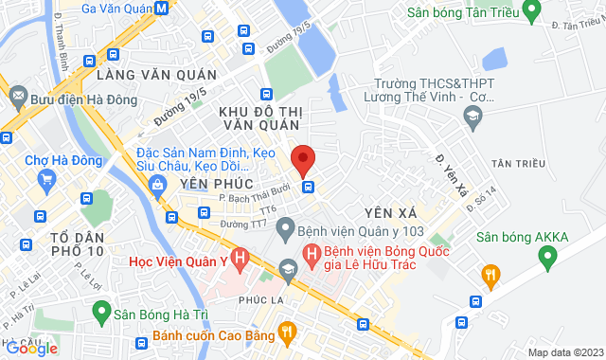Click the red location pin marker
pyautogui.click(x=303, y=160)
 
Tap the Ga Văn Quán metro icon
pyautogui.click(x=162, y=9)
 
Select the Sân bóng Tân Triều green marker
pyautogui.click(x=531, y=12)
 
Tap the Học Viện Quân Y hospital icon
pyautogui.click(x=241, y=256)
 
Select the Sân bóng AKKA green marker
pyautogui.click(x=546, y=255)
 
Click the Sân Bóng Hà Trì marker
pyautogui.click(x=99, y=310)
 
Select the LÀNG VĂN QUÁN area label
pyautogui.click(x=156, y=75)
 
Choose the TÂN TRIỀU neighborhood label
pyautogui.click(x=519, y=164)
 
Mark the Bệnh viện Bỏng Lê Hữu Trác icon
pyautogui.click(x=311, y=254)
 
